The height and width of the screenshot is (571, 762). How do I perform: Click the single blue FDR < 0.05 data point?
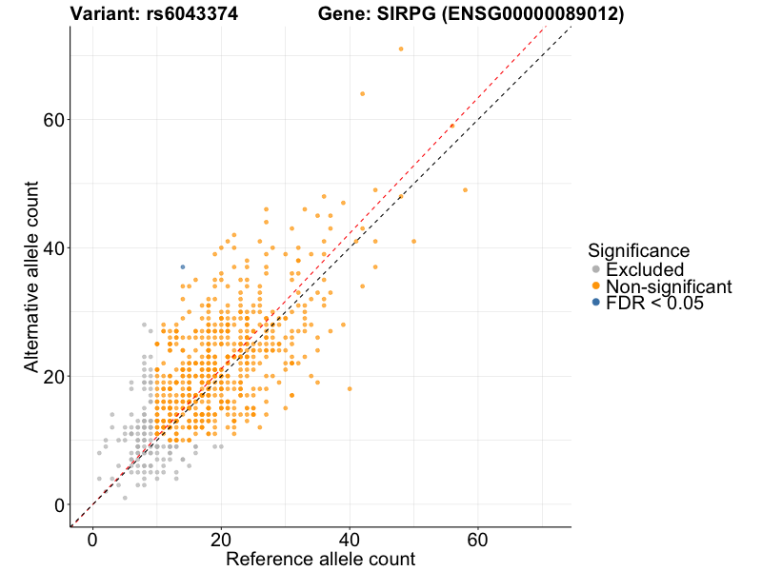coord(183,266)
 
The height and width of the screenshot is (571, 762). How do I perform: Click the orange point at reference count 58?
coord(465,189)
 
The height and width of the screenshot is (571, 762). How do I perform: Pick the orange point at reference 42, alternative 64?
coord(362,93)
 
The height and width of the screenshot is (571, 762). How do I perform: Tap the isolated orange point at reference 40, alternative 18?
coord(350,388)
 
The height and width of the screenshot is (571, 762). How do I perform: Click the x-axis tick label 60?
coord(478,540)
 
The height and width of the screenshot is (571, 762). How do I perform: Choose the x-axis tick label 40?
coord(350,540)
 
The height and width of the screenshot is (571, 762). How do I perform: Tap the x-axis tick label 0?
coord(93,540)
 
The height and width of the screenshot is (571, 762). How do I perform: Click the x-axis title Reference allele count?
coord(320,559)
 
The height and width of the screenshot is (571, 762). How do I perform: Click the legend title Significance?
coord(638,251)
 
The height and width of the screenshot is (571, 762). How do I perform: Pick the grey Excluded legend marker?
coord(595,270)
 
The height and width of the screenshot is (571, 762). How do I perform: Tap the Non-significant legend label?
coord(669,286)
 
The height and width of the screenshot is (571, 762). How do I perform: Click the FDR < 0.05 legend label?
coord(654,303)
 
